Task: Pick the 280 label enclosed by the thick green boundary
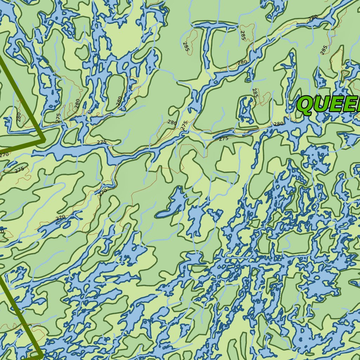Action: tap(19, 116)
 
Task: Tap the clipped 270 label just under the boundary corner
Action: tap(4, 154)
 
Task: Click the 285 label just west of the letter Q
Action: tap(255, 93)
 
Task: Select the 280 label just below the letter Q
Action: tap(278, 124)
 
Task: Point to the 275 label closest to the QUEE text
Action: tap(224, 139)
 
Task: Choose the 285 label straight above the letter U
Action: tap(324, 50)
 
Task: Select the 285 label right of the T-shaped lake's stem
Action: tap(243, 35)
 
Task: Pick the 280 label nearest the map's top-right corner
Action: tap(313, 17)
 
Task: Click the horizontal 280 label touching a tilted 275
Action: tap(172, 123)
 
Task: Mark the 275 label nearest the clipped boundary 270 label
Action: tap(20, 169)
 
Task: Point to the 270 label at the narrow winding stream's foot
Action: tap(102, 192)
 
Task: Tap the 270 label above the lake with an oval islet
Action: tap(60, 218)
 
